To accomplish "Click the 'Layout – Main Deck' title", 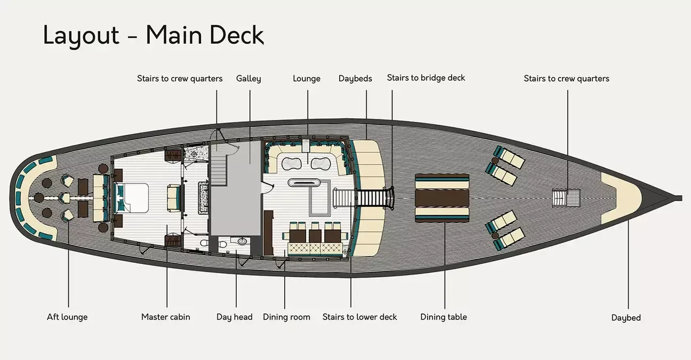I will (154, 35).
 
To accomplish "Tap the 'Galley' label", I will (248, 79).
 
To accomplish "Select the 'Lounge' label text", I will (307, 79).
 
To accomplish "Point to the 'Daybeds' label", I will (355, 79).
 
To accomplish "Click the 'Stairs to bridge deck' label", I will (426, 78).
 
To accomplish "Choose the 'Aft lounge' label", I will (67, 317).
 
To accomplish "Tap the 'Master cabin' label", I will (165, 317).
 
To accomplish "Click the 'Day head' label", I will (234, 317).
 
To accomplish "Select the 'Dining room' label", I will (286, 317).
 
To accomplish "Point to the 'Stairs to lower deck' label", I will (360, 317).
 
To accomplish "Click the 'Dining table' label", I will (444, 317).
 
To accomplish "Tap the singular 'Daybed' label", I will (626, 318).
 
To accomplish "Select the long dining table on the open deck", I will (442, 198).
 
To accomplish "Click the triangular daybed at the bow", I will (618, 197).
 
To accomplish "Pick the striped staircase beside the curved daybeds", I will (373, 198).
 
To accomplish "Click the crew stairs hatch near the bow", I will (560, 198).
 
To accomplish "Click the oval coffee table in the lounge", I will (306, 182).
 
